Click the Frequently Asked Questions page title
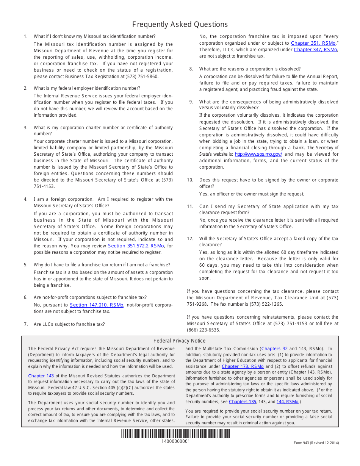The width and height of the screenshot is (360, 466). click(180, 25)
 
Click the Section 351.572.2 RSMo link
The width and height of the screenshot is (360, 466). click(136, 246)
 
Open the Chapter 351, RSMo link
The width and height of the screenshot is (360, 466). click(313, 43)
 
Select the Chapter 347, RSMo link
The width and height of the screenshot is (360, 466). click(315, 50)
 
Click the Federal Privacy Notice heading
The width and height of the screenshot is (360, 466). click(180, 341)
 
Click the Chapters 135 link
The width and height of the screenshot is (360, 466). click(243, 402)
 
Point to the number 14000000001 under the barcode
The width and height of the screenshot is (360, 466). click(175, 441)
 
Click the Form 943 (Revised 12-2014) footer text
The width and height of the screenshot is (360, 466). click(316, 443)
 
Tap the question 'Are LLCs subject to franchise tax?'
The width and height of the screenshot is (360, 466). click(69, 324)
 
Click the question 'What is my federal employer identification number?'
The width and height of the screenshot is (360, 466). click(87, 88)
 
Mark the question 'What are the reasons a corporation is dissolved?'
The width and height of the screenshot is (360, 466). click(250, 69)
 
